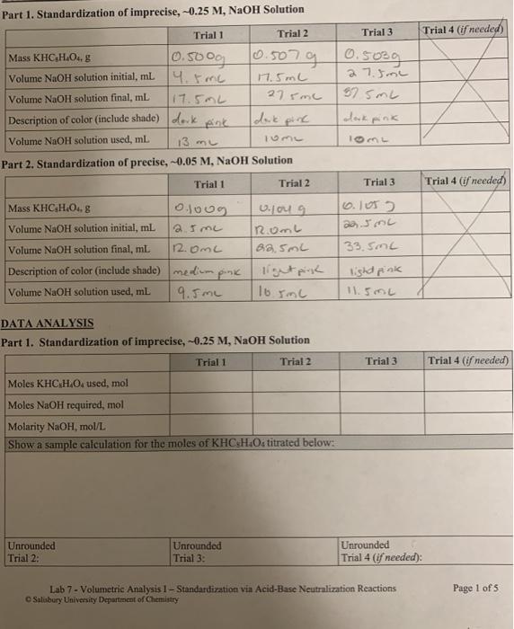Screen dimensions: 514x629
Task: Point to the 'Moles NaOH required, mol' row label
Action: coord(66,405)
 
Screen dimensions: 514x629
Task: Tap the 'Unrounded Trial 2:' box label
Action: coord(31,551)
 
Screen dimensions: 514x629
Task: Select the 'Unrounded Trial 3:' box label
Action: coord(197,551)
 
